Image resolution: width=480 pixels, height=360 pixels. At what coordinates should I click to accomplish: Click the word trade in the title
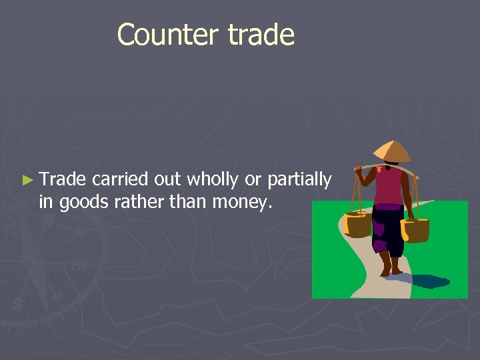click(261, 35)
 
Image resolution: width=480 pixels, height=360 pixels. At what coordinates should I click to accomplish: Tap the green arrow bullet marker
click(27, 180)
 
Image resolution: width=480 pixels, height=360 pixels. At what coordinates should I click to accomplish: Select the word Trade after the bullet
click(63, 179)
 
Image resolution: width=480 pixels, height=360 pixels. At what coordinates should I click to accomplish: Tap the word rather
click(135, 201)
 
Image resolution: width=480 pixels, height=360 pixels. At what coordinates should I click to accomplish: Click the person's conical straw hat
click(391, 151)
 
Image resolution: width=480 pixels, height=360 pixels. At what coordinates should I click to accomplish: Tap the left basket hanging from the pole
click(358, 225)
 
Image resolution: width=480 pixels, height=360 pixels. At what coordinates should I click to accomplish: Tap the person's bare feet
click(391, 269)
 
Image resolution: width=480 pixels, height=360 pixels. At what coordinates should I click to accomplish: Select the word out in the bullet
click(167, 180)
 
